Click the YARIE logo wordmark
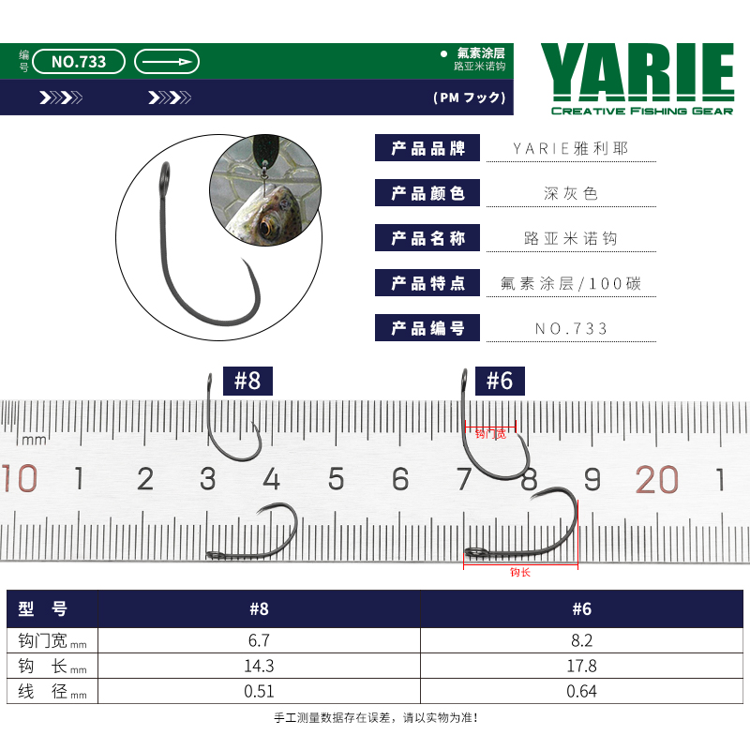click(x=637, y=72)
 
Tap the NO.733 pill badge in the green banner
click(x=79, y=62)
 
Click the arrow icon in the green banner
click(x=167, y=62)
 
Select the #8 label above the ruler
click(x=247, y=381)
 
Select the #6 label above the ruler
click(x=500, y=381)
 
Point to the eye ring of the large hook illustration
click(x=165, y=176)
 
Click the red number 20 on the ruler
click(x=657, y=479)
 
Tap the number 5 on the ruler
click(x=336, y=479)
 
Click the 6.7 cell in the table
click(x=259, y=640)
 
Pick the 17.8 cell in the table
click(x=581, y=666)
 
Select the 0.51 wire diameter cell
click(x=259, y=691)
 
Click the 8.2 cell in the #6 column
click(x=581, y=640)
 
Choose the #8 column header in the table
click(x=259, y=608)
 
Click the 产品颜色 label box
click(x=427, y=193)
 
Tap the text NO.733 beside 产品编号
click(x=571, y=329)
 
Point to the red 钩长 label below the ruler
click(x=520, y=573)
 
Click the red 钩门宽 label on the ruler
click(x=490, y=434)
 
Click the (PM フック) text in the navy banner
click(x=470, y=97)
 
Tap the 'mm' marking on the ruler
click(x=34, y=440)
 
